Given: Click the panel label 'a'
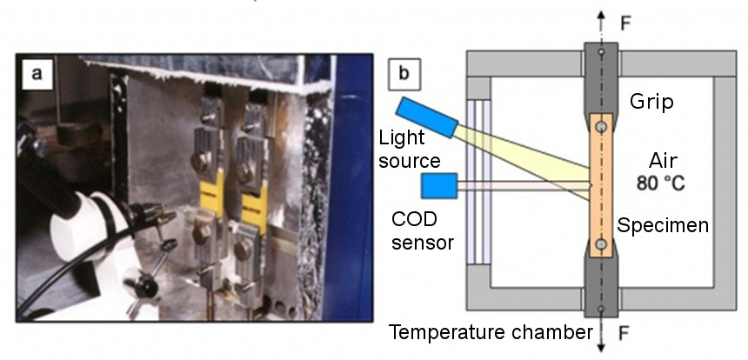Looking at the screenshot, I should point(36,73).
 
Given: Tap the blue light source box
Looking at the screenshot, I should point(425,117).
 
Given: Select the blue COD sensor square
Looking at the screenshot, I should point(439,186).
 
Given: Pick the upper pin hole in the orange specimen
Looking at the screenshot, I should point(601,128).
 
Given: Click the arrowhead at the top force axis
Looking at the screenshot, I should point(600,14).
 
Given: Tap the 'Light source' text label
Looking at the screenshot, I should point(410,149).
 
